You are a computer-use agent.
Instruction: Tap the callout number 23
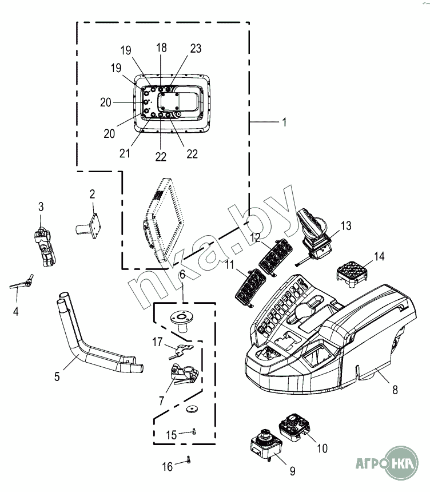coord(196,49)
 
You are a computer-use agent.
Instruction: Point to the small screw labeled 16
coord(188,459)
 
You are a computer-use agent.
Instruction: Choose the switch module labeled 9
coord(266,443)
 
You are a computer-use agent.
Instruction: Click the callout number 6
coord(182,275)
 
